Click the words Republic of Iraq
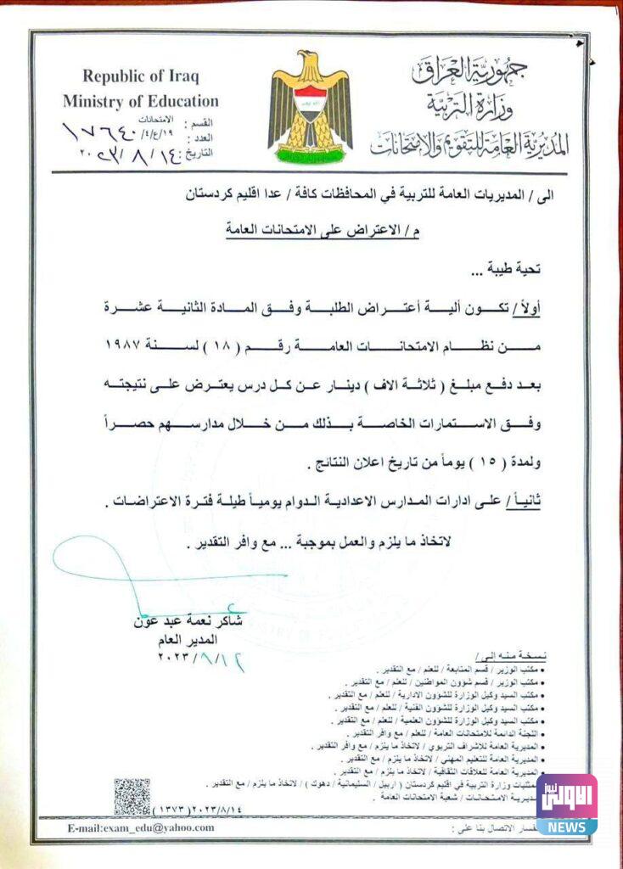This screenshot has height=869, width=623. click(x=140, y=77)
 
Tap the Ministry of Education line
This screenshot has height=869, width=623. click(x=140, y=102)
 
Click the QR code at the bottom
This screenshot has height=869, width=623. click(x=132, y=795)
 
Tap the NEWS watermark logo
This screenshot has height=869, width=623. click(x=566, y=804)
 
